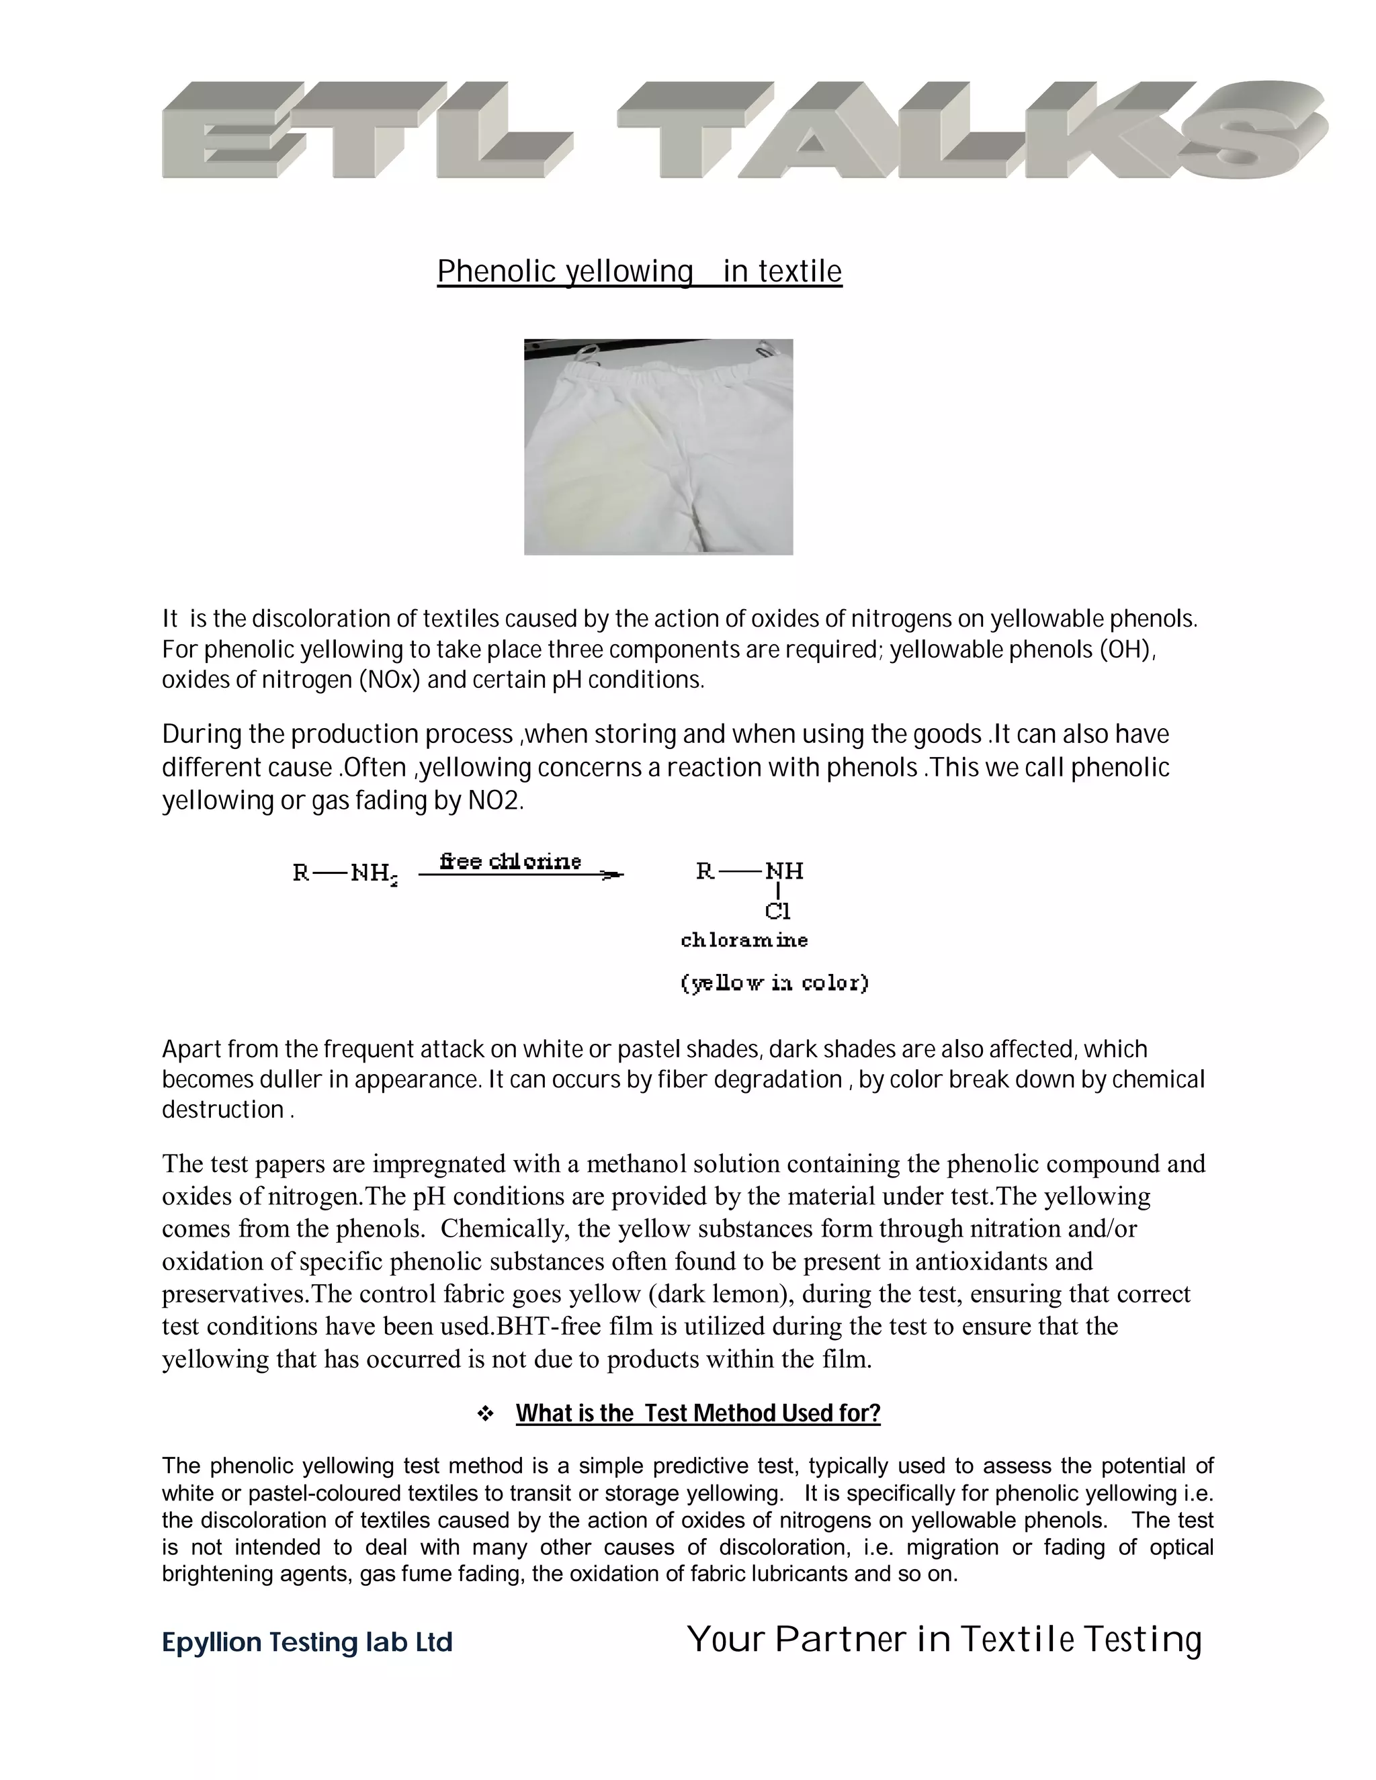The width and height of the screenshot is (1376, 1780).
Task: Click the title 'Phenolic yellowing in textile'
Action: [x=639, y=271]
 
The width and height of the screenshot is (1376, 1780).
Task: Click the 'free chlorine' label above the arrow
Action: [x=511, y=862]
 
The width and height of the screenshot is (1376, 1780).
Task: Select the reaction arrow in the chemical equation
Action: [x=521, y=875]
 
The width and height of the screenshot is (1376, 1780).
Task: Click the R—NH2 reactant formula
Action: [x=345, y=874]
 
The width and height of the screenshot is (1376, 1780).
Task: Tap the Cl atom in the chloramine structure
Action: [x=777, y=911]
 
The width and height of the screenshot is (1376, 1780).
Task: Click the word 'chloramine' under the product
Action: [x=744, y=940]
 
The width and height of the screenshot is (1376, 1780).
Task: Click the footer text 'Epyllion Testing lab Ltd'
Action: [x=307, y=1642]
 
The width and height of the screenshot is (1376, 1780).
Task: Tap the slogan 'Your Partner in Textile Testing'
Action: [x=944, y=1640]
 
